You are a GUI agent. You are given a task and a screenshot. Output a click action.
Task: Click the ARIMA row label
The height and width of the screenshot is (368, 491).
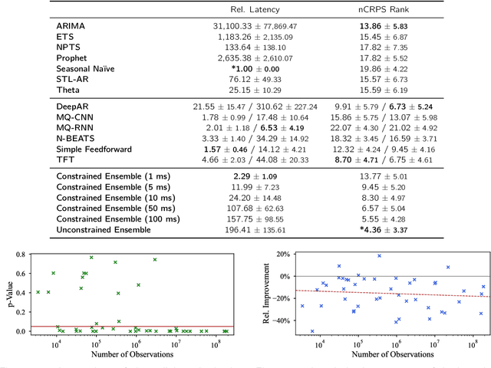coord(71,25)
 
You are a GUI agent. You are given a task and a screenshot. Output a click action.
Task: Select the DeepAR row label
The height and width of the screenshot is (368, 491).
coord(73,104)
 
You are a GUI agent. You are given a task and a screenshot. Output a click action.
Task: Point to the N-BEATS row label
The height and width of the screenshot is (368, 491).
coord(76,136)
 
